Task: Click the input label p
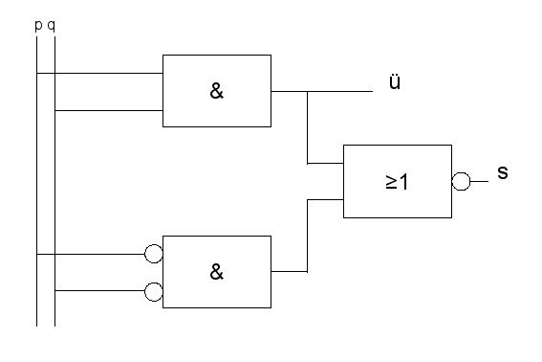[x=38, y=26]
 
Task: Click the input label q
[x=52, y=26]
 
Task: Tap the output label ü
[x=395, y=82]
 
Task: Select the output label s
[x=503, y=172]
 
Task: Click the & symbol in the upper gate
[x=217, y=91]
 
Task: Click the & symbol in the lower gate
[x=217, y=272]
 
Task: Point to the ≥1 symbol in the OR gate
[x=397, y=182]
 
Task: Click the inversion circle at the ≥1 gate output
[x=461, y=181]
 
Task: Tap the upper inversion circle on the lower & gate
[x=154, y=254]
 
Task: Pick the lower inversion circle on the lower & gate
[x=154, y=292]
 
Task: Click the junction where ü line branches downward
[x=307, y=91]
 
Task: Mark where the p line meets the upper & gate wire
[x=37, y=73]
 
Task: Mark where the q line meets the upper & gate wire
[x=54, y=110]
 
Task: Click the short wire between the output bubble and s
[x=479, y=181]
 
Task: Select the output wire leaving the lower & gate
[x=290, y=272]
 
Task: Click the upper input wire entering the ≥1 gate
[x=325, y=163]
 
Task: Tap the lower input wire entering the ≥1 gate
[x=325, y=199]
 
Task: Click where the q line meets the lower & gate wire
[x=54, y=290]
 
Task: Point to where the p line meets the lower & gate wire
[x=37, y=254]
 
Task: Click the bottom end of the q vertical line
[x=54, y=326]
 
